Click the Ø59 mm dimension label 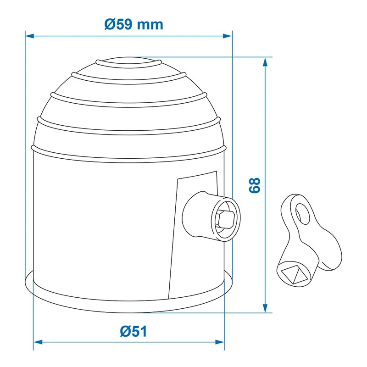tap(133, 24)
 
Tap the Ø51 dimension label tap(133, 331)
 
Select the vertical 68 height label tap(255, 185)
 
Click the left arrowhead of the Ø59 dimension tap(29, 36)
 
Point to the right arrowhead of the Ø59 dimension tap(227, 36)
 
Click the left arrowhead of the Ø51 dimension tap(38, 342)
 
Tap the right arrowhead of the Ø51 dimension tap(220, 342)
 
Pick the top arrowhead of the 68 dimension tap(265, 62)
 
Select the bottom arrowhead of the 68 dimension tap(265, 308)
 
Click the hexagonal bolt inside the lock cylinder tap(225, 219)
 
